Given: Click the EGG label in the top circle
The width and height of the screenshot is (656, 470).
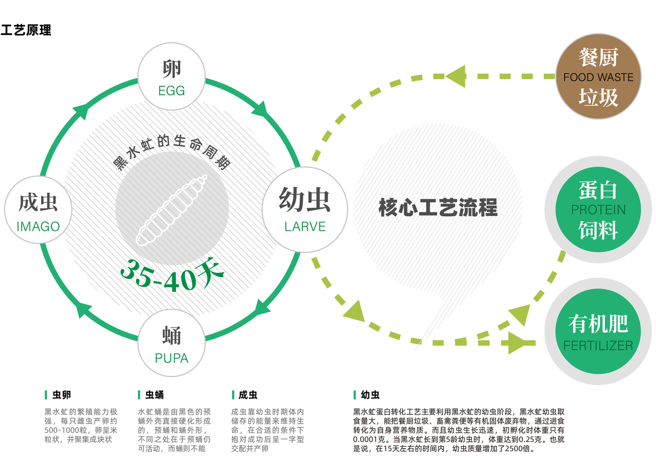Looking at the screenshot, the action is tap(171, 91).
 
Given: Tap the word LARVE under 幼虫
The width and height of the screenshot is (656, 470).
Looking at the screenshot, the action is tap(305, 226).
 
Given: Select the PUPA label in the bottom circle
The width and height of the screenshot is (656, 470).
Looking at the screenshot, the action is tap(171, 358).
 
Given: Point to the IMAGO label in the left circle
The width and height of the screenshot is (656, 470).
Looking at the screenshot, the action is tap(38, 226).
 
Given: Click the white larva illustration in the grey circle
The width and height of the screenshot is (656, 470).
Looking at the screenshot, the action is tap(171, 210).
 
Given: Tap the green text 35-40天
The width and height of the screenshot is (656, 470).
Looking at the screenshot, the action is tap(172, 275).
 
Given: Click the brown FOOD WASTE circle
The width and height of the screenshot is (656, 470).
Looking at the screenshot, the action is tap(598, 77).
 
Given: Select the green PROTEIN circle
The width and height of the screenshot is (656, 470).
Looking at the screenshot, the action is tap(598, 209).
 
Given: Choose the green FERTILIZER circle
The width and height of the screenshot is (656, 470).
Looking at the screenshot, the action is tap(598, 331).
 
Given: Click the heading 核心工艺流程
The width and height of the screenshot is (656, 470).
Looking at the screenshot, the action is tap(438, 207).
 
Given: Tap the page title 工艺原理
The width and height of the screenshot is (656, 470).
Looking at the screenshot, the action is tap(26, 30).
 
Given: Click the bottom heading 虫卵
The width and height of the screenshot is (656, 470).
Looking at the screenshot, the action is tap(62, 395).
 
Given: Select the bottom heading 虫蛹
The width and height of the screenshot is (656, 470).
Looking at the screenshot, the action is tap(155, 395).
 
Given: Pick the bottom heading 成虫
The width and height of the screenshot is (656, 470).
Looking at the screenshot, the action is tap(248, 395).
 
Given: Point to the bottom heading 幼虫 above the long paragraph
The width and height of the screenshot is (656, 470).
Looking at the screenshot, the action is tap(370, 395).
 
